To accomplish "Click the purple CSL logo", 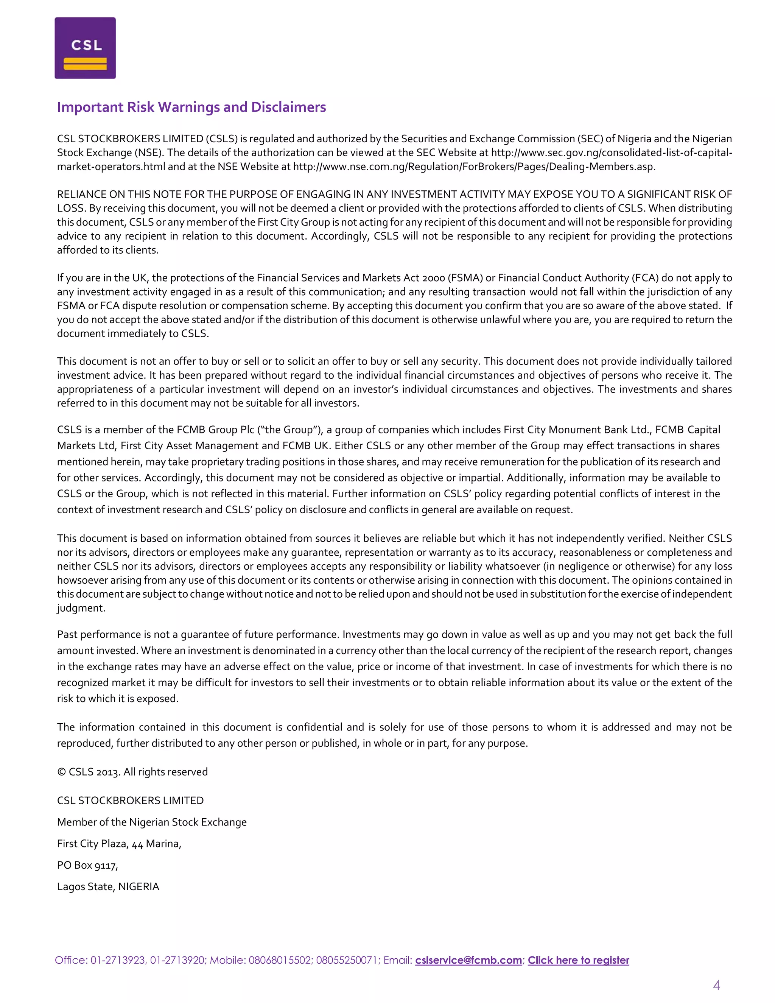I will pyautogui.click(x=85, y=48).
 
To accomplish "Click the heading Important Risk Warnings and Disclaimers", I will pyautogui.click(x=191, y=107).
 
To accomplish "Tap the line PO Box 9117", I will pyautogui.click(x=87, y=865).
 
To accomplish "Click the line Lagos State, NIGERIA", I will pyautogui.click(x=108, y=886).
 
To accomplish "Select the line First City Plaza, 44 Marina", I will pyautogui.click(x=119, y=844).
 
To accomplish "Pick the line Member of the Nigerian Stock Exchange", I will pyautogui.click(x=151, y=822).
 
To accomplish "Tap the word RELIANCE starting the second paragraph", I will pyautogui.click(x=82, y=194).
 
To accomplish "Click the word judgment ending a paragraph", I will pyautogui.click(x=81, y=609).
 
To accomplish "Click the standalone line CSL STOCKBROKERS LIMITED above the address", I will pyautogui.click(x=131, y=801).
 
